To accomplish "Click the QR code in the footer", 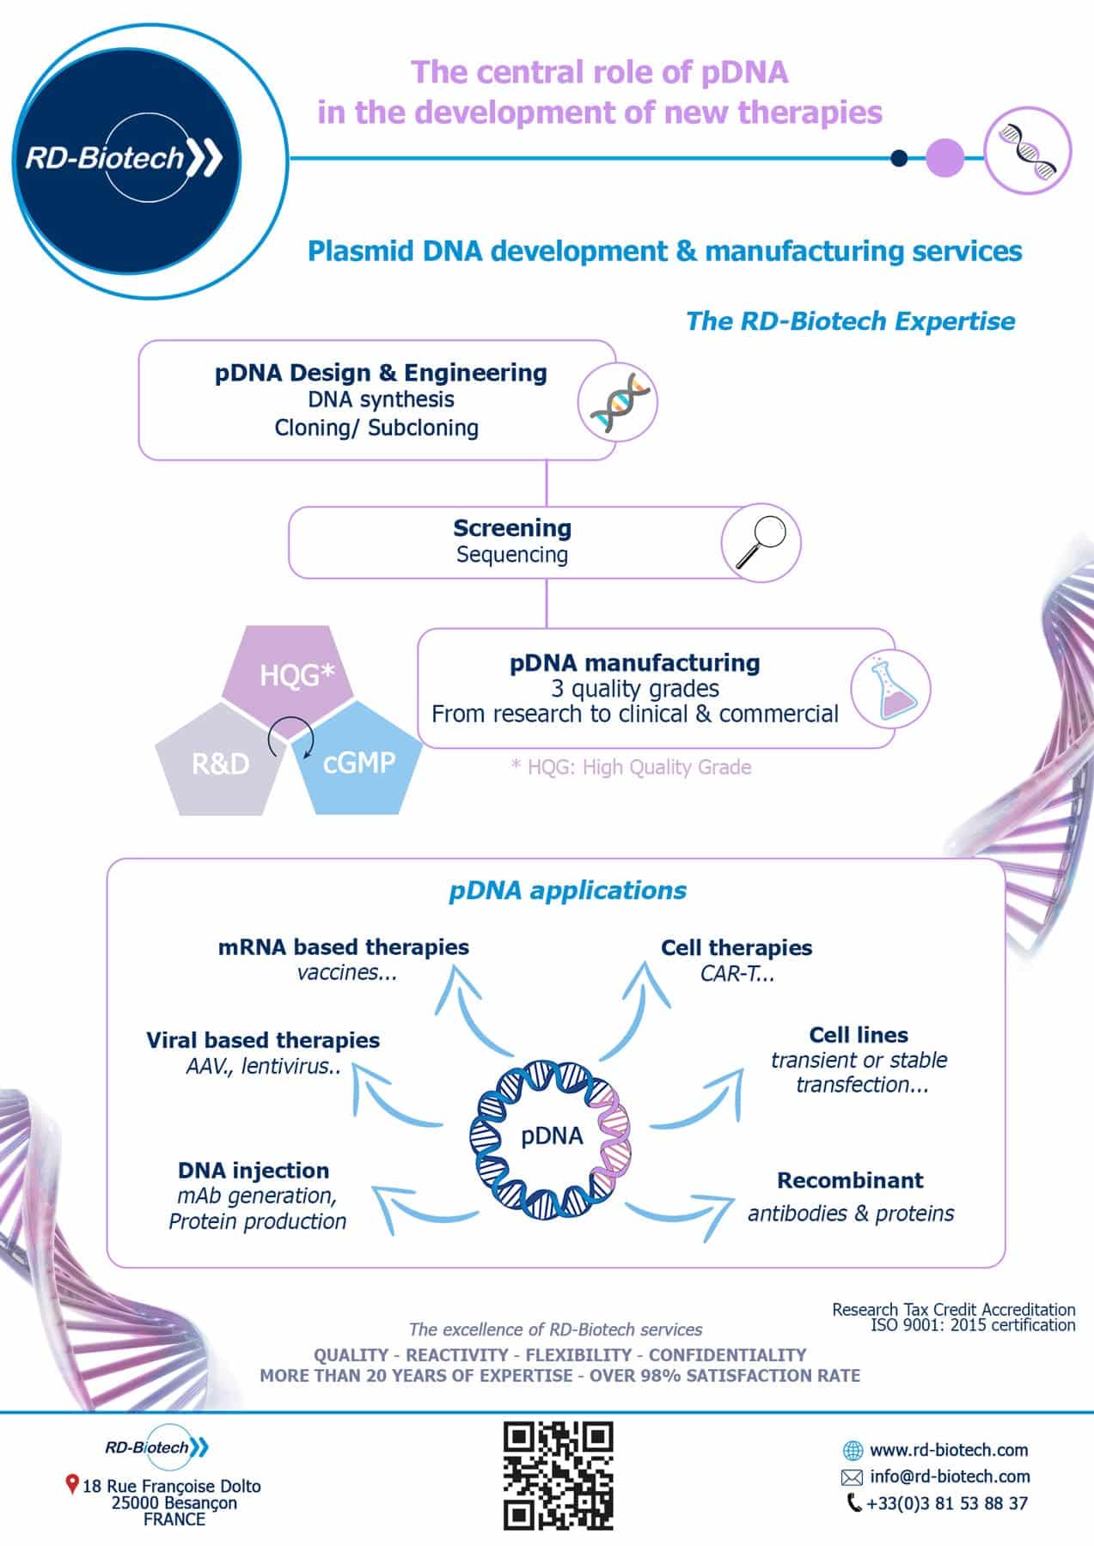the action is point(558,1476).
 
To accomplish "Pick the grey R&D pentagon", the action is point(220,760).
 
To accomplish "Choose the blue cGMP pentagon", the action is point(358,760).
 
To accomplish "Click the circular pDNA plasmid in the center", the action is point(551,1135).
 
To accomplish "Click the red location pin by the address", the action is point(72,1484).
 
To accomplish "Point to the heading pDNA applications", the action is point(567,891).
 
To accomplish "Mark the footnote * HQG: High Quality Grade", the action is point(631,767).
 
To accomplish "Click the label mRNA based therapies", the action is point(344,946).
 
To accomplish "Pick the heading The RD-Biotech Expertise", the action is point(850,321).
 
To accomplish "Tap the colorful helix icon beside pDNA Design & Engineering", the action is point(615,401).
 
